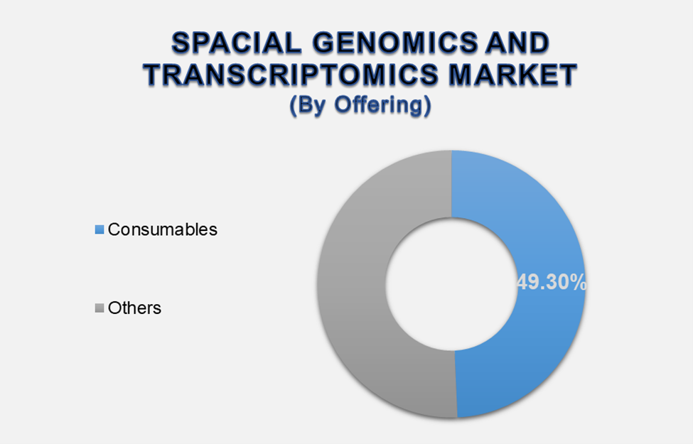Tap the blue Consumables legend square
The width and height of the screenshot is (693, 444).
[100, 230]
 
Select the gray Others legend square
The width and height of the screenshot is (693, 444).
[100, 308]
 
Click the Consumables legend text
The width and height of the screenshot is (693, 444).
[163, 230]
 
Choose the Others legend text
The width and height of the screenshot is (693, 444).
[135, 308]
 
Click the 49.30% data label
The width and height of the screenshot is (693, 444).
[552, 283]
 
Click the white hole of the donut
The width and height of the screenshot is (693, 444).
[451, 284]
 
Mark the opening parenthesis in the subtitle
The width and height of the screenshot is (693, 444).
[293, 107]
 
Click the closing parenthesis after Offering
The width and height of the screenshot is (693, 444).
[426, 107]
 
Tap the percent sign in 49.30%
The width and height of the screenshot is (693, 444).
[579, 283]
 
